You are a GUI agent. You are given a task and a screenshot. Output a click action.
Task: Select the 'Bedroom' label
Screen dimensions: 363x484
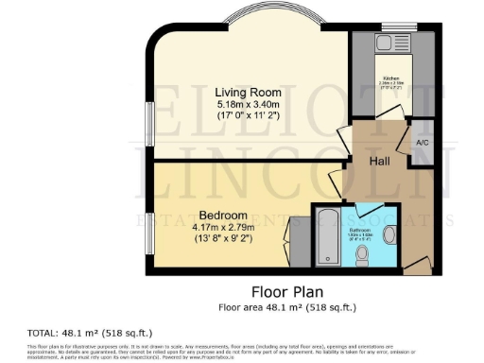coord(223,215)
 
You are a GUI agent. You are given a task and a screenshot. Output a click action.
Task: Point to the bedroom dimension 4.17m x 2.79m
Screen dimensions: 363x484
coord(223,227)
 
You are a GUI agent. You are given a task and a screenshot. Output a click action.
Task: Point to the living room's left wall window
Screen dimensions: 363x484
coord(148,123)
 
